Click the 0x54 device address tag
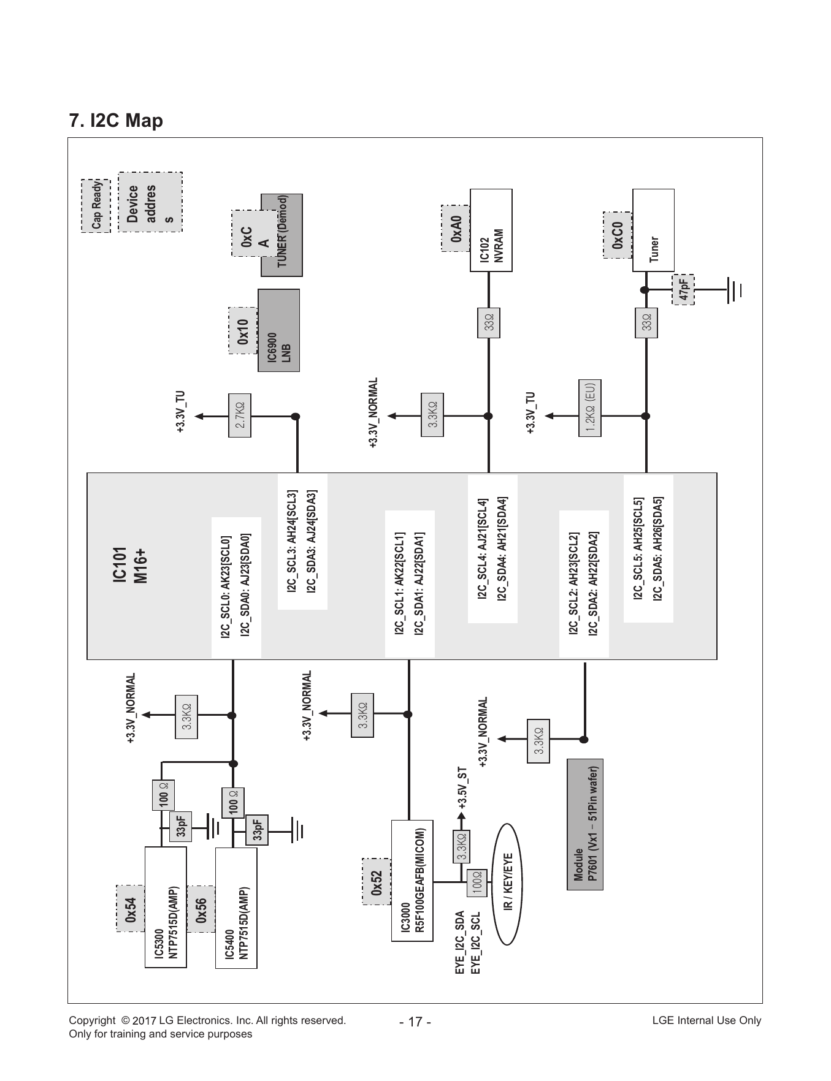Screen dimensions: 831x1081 click(x=131, y=909)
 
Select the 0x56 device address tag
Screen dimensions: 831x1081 click(x=201, y=909)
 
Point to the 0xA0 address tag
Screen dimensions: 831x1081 click(x=456, y=228)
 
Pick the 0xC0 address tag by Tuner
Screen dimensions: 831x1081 click(x=618, y=235)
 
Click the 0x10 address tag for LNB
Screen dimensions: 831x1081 click(x=243, y=331)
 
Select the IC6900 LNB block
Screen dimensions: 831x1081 click(x=279, y=330)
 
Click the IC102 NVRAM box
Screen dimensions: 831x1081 click(x=491, y=230)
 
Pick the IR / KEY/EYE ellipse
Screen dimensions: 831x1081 click(x=507, y=881)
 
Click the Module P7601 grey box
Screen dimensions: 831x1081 click(x=586, y=824)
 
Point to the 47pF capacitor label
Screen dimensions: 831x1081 click(x=683, y=289)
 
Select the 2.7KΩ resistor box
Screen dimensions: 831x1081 click(x=240, y=415)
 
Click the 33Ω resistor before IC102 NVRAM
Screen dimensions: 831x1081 click(x=489, y=323)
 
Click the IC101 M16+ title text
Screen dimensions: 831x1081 click(x=130, y=564)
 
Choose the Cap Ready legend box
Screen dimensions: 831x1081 click(x=96, y=206)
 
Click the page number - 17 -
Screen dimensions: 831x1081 click(x=415, y=1022)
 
